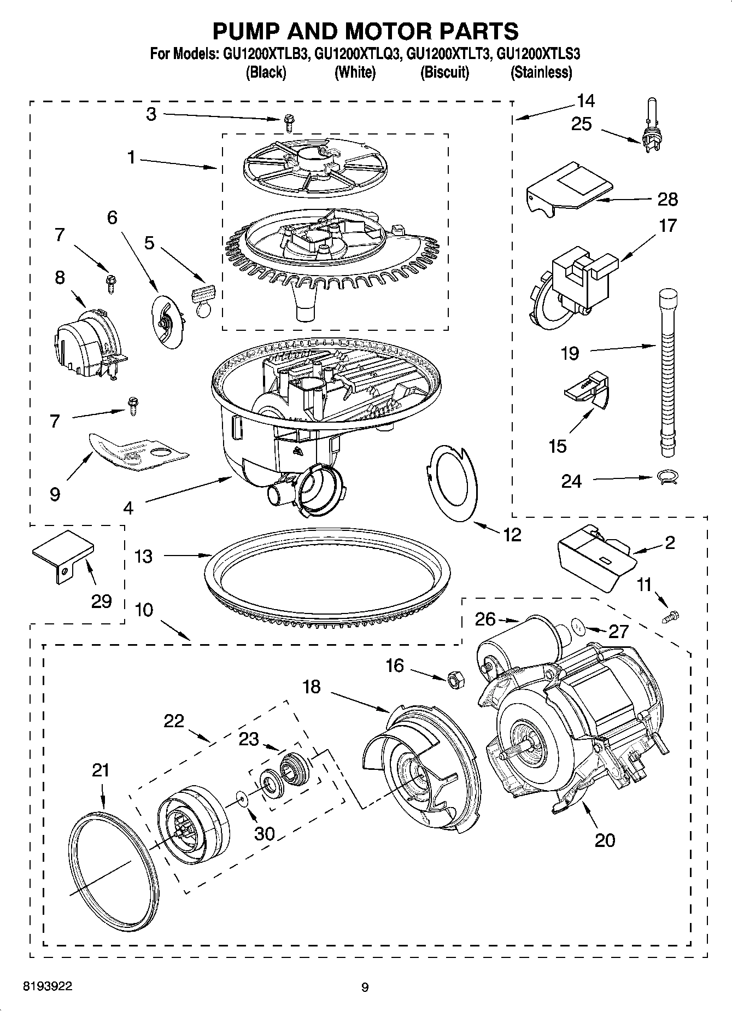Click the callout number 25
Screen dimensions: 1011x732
(x=581, y=124)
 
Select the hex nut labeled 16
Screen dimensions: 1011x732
(x=455, y=680)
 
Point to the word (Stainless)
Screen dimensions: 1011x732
(x=541, y=72)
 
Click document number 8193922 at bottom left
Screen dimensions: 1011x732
(x=47, y=986)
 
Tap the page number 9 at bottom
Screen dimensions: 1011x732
(x=365, y=987)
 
